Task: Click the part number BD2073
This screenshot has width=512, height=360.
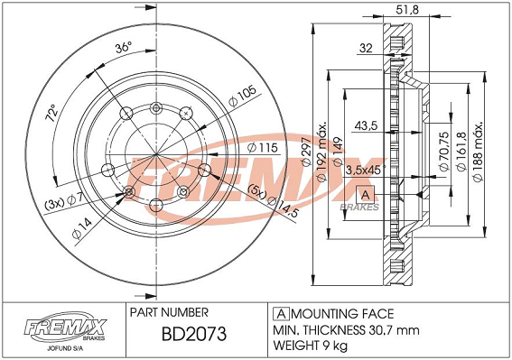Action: click(194, 334)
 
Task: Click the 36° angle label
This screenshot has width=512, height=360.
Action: click(123, 48)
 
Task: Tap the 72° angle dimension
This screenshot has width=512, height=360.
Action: click(51, 113)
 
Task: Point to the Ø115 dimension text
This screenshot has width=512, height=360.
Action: click(263, 148)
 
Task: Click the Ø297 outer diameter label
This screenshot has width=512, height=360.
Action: click(307, 151)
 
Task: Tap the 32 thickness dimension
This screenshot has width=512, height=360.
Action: click(366, 48)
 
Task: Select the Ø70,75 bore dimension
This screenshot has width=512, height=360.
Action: click(444, 151)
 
